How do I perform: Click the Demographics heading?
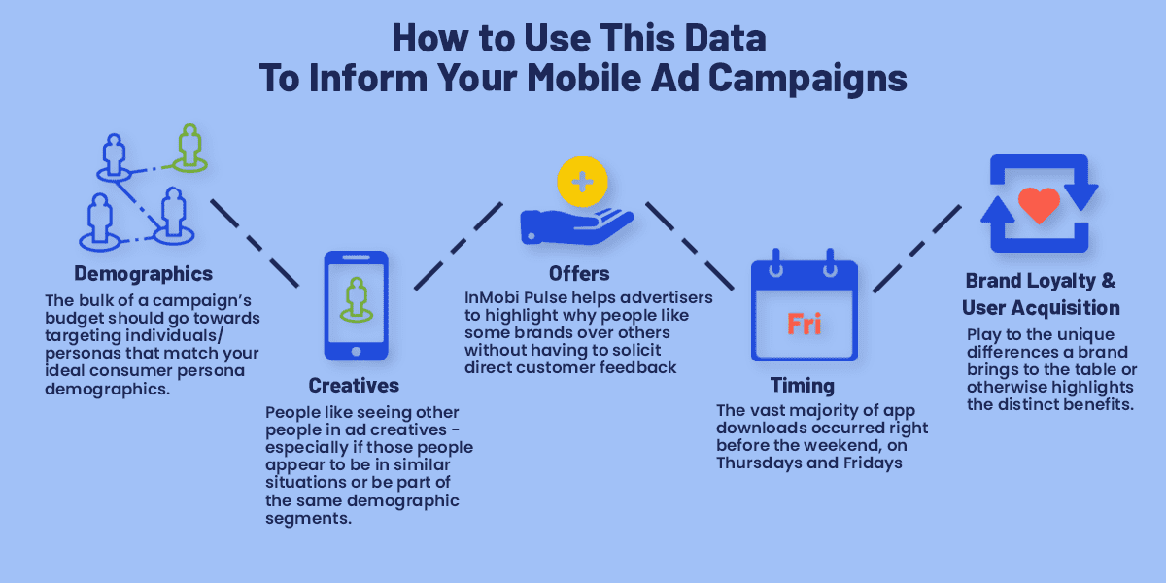[x=143, y=274]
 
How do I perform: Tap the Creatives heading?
[x=354, y=385]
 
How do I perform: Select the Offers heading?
[x=579, y=273]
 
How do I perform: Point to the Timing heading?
[x=803, y=386]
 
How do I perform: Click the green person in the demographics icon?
[x=189, y=149]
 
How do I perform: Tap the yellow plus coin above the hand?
[x=582, y=182]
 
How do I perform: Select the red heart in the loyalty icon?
[x=1039, y=205]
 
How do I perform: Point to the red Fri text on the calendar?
[x=805, y=324]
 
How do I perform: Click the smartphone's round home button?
[x=356, y=352]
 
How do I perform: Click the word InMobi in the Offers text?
[x=492, y=297]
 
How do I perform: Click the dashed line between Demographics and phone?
[x=255, y=244]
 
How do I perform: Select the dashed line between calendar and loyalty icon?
[x=917, y=249]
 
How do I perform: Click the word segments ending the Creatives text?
[x=309, y=519]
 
